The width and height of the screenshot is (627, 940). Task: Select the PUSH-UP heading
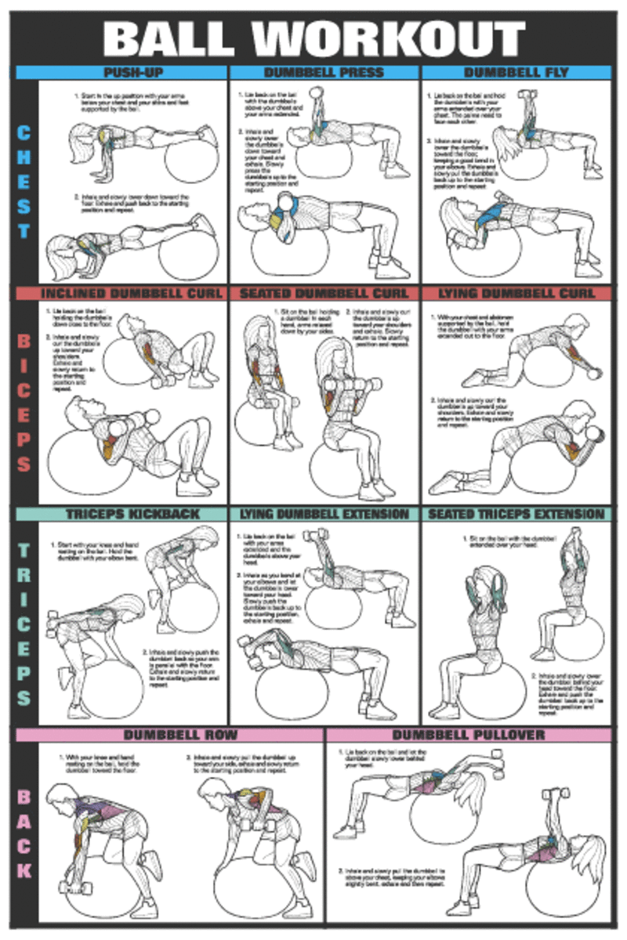[121, 72]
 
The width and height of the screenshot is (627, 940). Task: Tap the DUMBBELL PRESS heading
[324, 72]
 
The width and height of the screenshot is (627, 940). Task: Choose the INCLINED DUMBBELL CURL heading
[121, 294]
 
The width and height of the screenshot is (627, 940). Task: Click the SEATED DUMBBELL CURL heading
[324, 294]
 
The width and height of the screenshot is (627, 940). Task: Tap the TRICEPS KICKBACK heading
[121, 514]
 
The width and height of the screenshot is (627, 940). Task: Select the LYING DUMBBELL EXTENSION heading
[324, 514]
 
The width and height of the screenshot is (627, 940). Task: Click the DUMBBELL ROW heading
[180, 735]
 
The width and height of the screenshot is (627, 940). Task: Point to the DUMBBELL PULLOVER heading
[468, 735]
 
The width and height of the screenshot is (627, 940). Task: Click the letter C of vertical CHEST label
[24, 132]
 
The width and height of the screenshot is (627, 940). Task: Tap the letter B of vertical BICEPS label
[24, 342]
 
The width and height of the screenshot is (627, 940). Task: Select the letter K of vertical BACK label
[24, 869]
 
